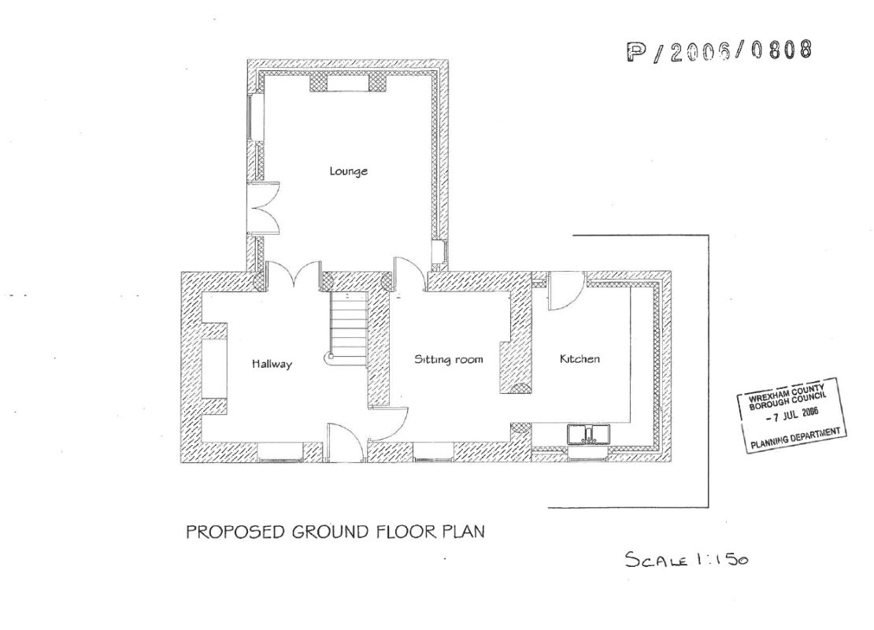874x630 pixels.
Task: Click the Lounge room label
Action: coord(349,171)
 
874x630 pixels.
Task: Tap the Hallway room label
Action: coord(272,364)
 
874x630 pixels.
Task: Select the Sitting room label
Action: coord(448,359)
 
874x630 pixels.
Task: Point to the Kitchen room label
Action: coord(580,359)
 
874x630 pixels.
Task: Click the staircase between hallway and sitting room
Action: coord(346,324)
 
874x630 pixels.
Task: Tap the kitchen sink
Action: coord(587,433)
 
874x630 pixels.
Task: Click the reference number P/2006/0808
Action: coord(718,50)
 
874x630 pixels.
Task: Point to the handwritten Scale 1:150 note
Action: coord(686,560)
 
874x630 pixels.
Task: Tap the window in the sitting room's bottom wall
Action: coord(432,451)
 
